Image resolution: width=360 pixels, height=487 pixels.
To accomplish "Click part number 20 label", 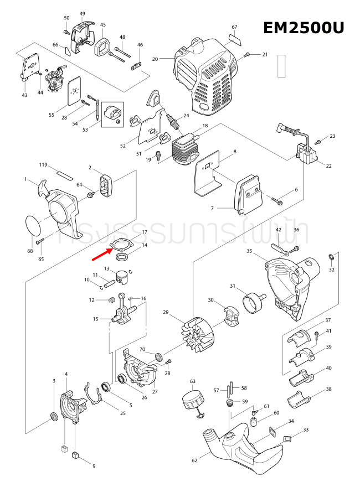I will tap(155, 59).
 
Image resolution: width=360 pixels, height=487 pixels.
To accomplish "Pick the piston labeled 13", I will tap(124, 277).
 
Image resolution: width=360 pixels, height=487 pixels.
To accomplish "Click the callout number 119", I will tap(43, 165).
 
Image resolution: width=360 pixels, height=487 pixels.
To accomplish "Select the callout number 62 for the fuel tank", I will tap(194, 460).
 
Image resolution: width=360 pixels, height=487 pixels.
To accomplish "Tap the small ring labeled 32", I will tap(332, 257).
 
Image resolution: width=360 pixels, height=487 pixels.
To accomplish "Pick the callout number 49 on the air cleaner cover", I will tap(82, 13).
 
